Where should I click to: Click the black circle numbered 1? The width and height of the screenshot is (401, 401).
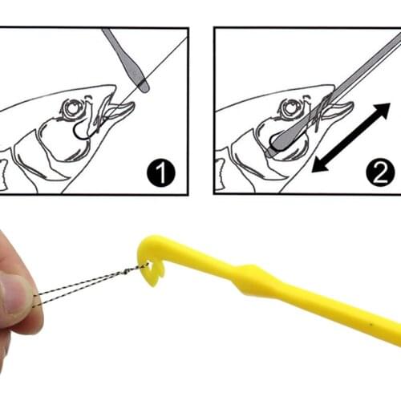point(160,173)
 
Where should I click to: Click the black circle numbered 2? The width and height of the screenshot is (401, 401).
point(381,173)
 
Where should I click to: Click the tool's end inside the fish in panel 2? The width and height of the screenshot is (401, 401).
point(277,145)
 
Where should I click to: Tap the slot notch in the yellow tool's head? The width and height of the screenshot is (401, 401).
point(149,272)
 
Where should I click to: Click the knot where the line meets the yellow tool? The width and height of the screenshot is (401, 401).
point(141,268)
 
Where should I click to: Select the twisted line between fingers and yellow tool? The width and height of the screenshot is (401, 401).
point(88,284)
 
